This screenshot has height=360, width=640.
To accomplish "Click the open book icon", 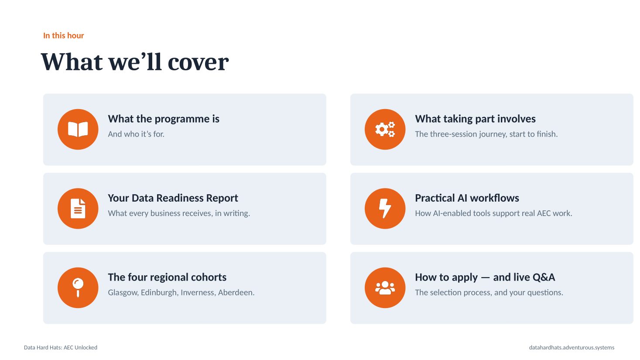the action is tap(78, 130).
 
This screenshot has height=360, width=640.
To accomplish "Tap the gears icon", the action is tap(385, 130).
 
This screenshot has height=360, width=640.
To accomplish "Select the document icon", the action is tap(78, 209).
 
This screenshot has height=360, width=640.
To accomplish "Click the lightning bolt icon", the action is tap(385, 209).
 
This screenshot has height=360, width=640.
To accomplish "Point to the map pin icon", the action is tap(78, 288).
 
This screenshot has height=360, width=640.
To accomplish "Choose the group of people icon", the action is tap(385, 288).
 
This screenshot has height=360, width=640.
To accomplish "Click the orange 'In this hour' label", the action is tap(63, 35).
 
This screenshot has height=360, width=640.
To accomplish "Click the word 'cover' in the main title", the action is tap(198, 62).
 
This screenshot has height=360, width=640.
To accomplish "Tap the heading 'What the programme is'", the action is tap(164, 119).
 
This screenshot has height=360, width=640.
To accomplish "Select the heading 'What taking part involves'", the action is tap(475, 119).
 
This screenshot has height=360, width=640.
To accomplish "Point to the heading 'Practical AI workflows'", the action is tap(467, 198).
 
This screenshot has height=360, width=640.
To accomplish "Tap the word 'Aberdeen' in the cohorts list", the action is tap(236, 292).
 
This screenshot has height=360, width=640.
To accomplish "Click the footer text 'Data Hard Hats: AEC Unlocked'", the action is tap(61, 347).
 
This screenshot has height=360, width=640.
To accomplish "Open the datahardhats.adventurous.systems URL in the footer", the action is tap(572, 347).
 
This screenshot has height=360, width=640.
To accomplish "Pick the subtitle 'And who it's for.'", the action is tap(136, 134).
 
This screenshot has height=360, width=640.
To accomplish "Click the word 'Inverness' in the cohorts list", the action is tap(198, 292).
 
